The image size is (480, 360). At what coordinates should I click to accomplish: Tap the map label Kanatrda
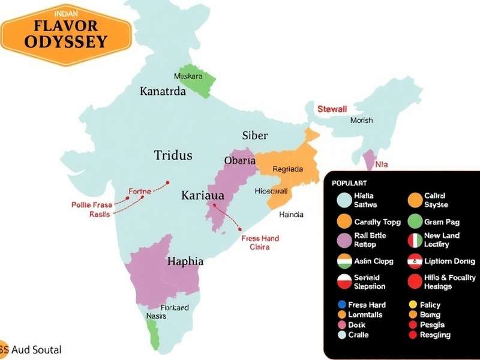pos(163,91)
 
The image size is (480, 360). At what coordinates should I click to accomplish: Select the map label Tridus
pos(173,155)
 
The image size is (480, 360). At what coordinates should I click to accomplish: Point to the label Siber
pos(255,136)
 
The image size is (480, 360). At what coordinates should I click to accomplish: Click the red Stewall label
pos(332,109)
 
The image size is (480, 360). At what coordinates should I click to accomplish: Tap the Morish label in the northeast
pos(361,121)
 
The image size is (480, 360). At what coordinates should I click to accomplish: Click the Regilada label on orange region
pos(287,169)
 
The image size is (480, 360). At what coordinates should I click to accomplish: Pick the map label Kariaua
pos(203,196)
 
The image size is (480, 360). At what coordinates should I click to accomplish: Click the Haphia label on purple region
pos(185,262)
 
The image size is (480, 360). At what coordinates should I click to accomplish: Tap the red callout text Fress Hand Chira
pos(260,242)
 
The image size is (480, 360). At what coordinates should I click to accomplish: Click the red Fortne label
pos(139,192)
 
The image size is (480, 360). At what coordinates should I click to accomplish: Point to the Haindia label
pos(292,214)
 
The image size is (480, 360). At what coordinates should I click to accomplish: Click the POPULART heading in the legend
pos(349,182)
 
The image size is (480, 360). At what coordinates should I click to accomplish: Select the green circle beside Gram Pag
pos(415,221)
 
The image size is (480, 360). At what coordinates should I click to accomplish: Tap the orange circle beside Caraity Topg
pos(344,221)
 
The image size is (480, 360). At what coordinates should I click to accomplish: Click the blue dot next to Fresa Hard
pos(341,305)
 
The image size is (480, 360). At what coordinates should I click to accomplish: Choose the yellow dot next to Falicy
pos(412,305)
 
